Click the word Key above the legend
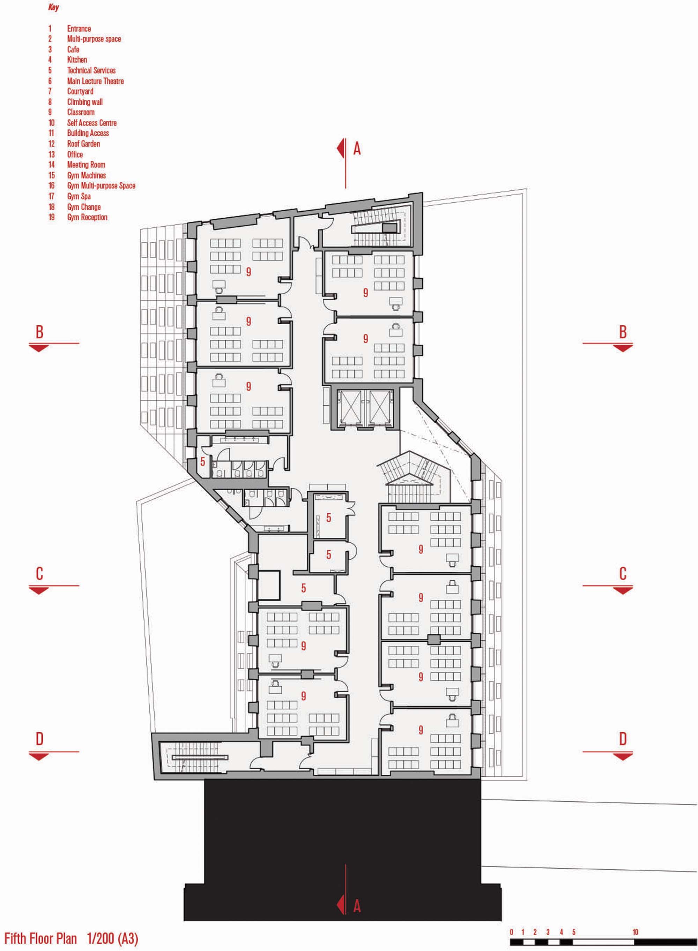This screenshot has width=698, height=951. pos(54,7)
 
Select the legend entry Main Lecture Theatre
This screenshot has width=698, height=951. pos(96,81)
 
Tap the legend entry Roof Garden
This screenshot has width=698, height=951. pos(84,144)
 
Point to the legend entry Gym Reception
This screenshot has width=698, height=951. pos(88,217)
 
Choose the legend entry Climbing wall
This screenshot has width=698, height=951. pos(85,102)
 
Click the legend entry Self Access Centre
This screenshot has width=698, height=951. pos(92,123)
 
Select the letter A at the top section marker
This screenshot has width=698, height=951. pos(357,149)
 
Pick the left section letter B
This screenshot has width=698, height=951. pos(39,332)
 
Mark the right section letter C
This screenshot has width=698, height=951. pos(623,574)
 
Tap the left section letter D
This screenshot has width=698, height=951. pos(39,739)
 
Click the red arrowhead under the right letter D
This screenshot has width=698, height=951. pos(623,756)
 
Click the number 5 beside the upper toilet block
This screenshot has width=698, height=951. pos(203,461)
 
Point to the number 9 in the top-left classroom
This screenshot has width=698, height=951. pos(248,271)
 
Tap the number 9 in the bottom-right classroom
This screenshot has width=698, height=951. pos(421,730)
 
